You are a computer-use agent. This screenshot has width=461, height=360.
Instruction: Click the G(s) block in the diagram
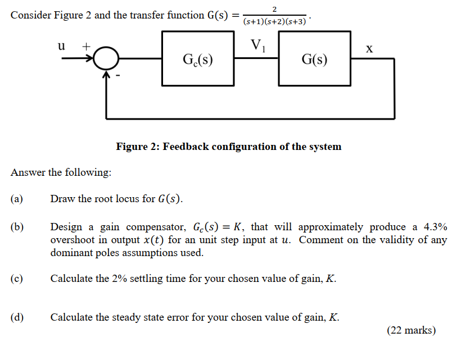(x=314, y=58)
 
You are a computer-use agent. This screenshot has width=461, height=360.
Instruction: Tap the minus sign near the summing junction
(x=119, y=74)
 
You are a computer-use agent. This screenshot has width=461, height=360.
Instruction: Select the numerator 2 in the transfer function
(x=274, y=8)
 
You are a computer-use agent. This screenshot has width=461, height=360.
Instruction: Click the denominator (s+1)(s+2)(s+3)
(x=274, y=21)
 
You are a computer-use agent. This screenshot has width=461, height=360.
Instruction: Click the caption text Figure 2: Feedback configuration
(x=228, y=147)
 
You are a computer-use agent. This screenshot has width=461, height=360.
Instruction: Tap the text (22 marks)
(x=411, y=331)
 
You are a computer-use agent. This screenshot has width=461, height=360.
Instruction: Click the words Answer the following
(x=61, y=172)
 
